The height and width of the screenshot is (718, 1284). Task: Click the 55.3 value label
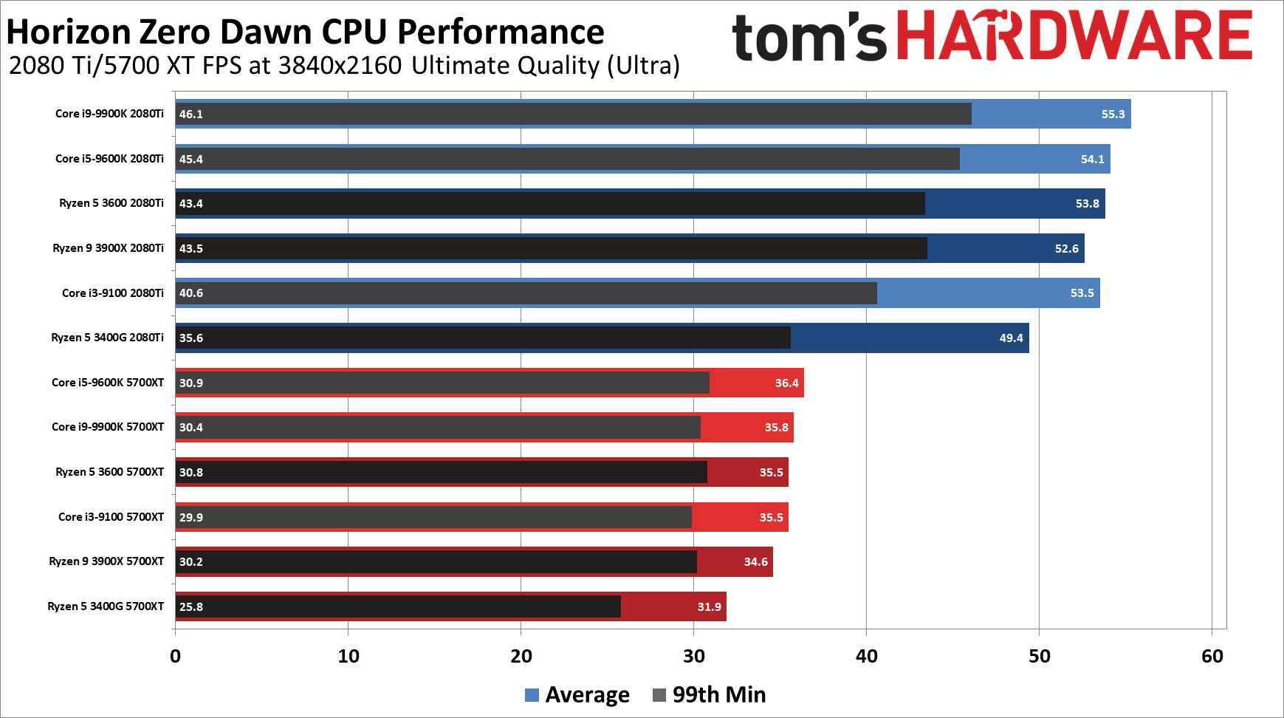tap(1113, 114)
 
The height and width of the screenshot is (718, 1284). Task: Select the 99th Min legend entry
tap(710, 694)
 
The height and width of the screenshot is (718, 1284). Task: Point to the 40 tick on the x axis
tap(866, 656)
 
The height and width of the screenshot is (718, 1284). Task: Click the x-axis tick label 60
tap(1212, 656)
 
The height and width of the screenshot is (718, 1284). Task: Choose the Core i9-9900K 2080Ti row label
tap(109, 114)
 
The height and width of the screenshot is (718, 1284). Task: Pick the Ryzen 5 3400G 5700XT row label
tap(106, 606)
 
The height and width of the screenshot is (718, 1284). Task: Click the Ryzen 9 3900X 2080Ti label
tap(108, 248)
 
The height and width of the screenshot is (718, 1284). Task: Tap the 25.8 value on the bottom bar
tap(191, 606)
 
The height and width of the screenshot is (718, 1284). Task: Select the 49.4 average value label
tap(1011, 338)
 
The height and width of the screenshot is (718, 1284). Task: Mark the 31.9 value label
tap(709, 606)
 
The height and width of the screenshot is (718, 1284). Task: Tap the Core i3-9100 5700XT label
tap(111, 517)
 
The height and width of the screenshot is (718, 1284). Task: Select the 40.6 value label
tap(191, 293)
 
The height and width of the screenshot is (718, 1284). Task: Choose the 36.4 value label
tap(786, 383)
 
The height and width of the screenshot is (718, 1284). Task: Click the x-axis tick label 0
tap(175, 656)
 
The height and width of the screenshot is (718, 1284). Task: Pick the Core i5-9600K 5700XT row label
tap(108, 383)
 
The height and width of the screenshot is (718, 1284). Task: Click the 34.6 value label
tap(755, 562)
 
